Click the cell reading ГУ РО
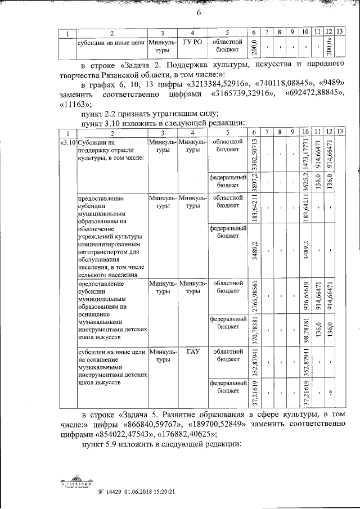192,43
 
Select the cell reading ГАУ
192,351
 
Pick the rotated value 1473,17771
305,154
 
